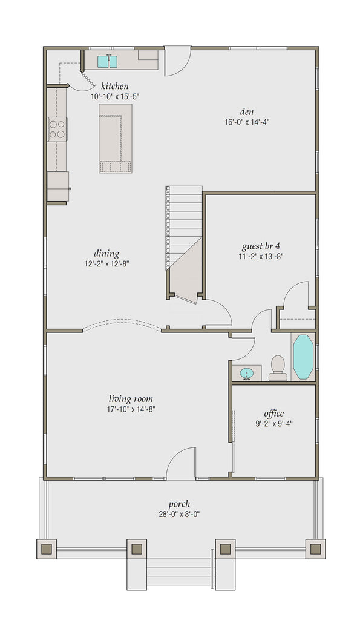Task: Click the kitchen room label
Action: click(x=114, y=86)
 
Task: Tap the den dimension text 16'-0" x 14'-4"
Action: click(x=246, y=121)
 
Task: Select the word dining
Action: click(x=106, y=254)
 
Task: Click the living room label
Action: click(x=131, y=399)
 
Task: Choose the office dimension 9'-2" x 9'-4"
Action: click(x=273, y=424)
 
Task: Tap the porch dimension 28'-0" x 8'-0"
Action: click(x=180, y=514)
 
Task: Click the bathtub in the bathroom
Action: click(x=302, y=357)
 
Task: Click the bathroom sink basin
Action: click(x=246, y=372)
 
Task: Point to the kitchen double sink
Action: click(x=108, y=61)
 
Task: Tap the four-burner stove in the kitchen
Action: click(x=57, y=129)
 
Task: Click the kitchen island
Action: click(x=116, y=138)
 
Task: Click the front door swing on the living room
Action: click(x=182, y=464)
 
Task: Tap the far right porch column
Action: click(x=315, y=549)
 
